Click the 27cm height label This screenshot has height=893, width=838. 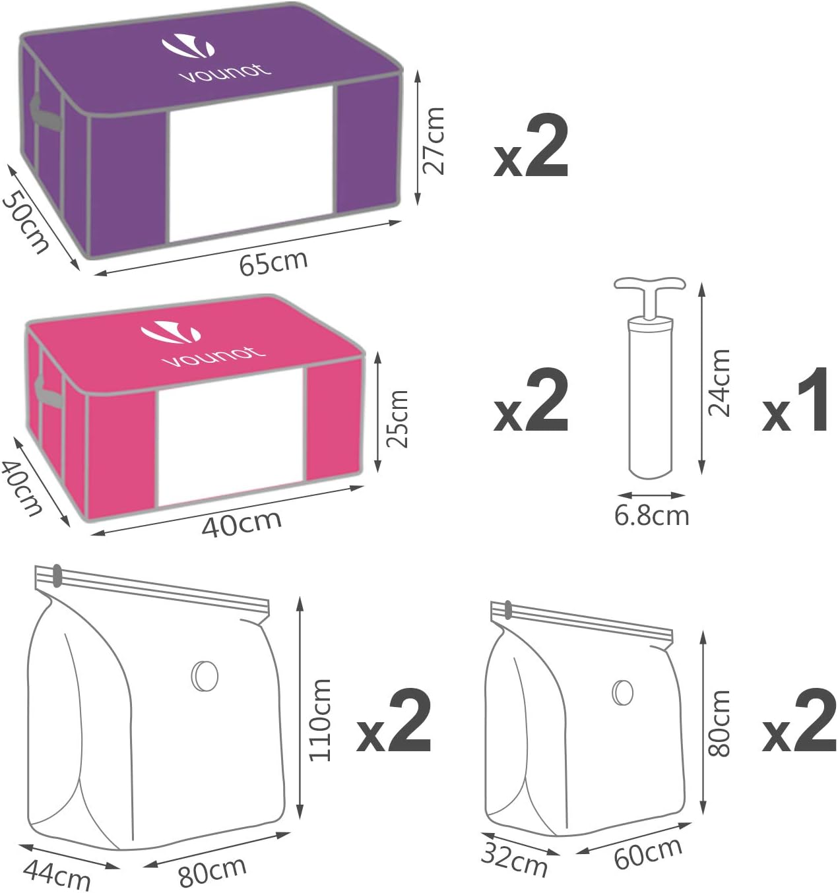click(434, 140)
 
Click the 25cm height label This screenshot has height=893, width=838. click(398, 419)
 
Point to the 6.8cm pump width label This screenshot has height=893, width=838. click(652, 516)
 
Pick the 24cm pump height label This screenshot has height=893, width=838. click(719, 383)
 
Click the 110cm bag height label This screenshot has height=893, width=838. click(320, 720)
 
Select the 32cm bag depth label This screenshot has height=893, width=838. click(513, 859)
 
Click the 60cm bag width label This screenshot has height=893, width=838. click(648, 853)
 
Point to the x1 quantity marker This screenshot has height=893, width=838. click(795, 400)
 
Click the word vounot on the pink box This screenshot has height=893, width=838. click(213, 355)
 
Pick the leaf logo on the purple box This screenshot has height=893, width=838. click(187, 46)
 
